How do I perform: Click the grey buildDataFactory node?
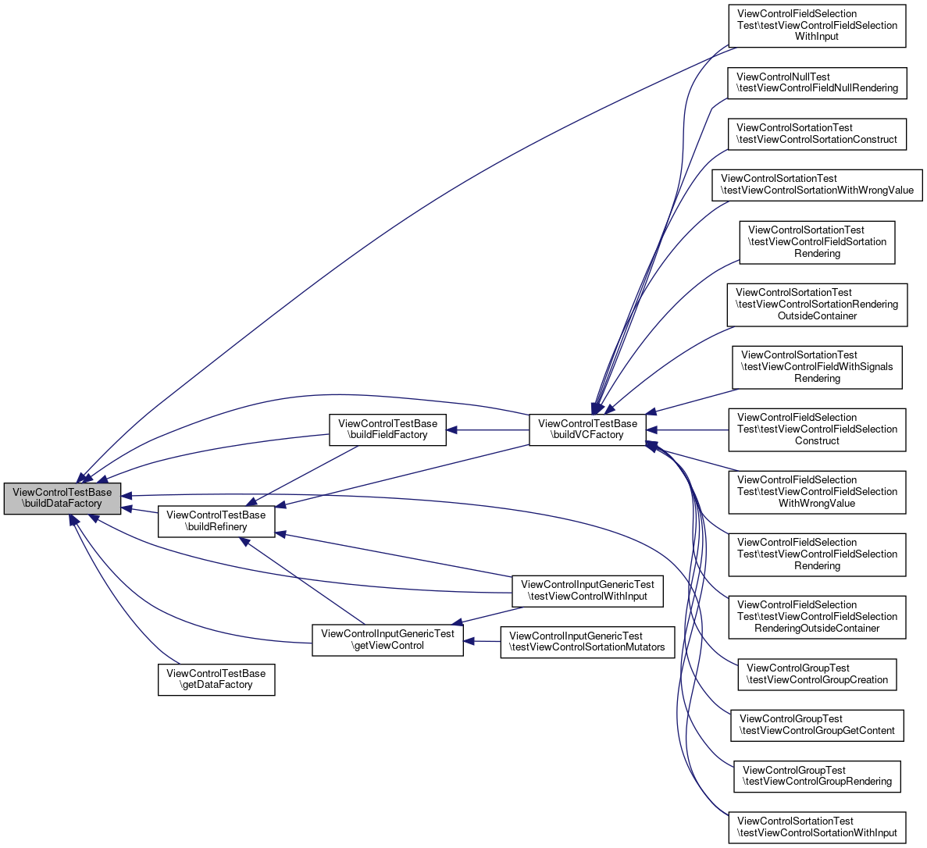pyautogui.click(x=62, y=498)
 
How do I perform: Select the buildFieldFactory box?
pyautogui.click(x=387, y=429)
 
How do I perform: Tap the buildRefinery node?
pyautogui.click(x=216, y=521)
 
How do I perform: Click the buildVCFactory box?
pyautogui.click(x=587, y=429)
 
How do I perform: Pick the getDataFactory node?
pyautogui.click(x=216, y=679)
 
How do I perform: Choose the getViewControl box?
pyautogui.click(x=388, y=640)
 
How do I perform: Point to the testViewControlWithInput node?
pyautogui.click(x=587, y=590)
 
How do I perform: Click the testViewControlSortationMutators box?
pyautogui.click(x=587, y=641)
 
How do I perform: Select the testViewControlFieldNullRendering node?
pyautogui.click(x=817, y=83)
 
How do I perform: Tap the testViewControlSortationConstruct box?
pyautogui.click(x=817, y=134)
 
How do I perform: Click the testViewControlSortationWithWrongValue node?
pyautogui.click(x=817, y=184)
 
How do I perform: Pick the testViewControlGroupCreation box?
pyautogui.click(x=817, y=674)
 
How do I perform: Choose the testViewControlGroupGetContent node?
pyautogui.click(x=817, y=725)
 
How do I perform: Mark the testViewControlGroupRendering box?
pyautogui.click(x=817, y=775)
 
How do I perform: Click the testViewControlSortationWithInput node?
pyautogui.click(x=817, y=827)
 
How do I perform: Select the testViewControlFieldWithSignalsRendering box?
pyautogui.click(x=817, y=367)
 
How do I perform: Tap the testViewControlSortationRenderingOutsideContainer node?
pyautogui.click(x=817, y=305)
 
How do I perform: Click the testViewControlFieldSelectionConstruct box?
pyautogui.click(x=817, y=429)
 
